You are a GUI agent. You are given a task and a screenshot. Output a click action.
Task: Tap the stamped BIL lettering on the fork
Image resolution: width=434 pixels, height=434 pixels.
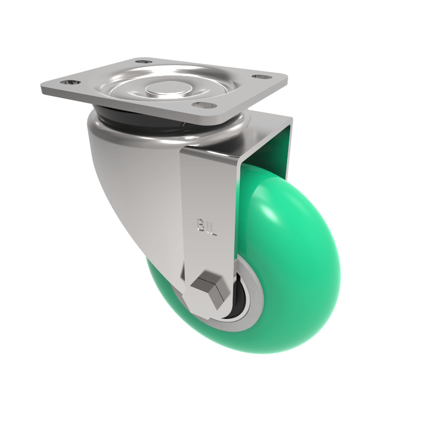point(207,227)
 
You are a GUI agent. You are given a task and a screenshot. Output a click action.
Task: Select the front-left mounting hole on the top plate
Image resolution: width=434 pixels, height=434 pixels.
point(67,83)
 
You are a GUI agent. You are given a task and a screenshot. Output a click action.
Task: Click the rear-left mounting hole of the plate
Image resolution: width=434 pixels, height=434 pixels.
point(143,62)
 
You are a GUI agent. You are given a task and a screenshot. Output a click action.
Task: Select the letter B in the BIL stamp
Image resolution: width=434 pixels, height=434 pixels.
point(200,225)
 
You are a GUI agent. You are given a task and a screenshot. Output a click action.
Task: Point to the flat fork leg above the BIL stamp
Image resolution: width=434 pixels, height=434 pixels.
point(209,184)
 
